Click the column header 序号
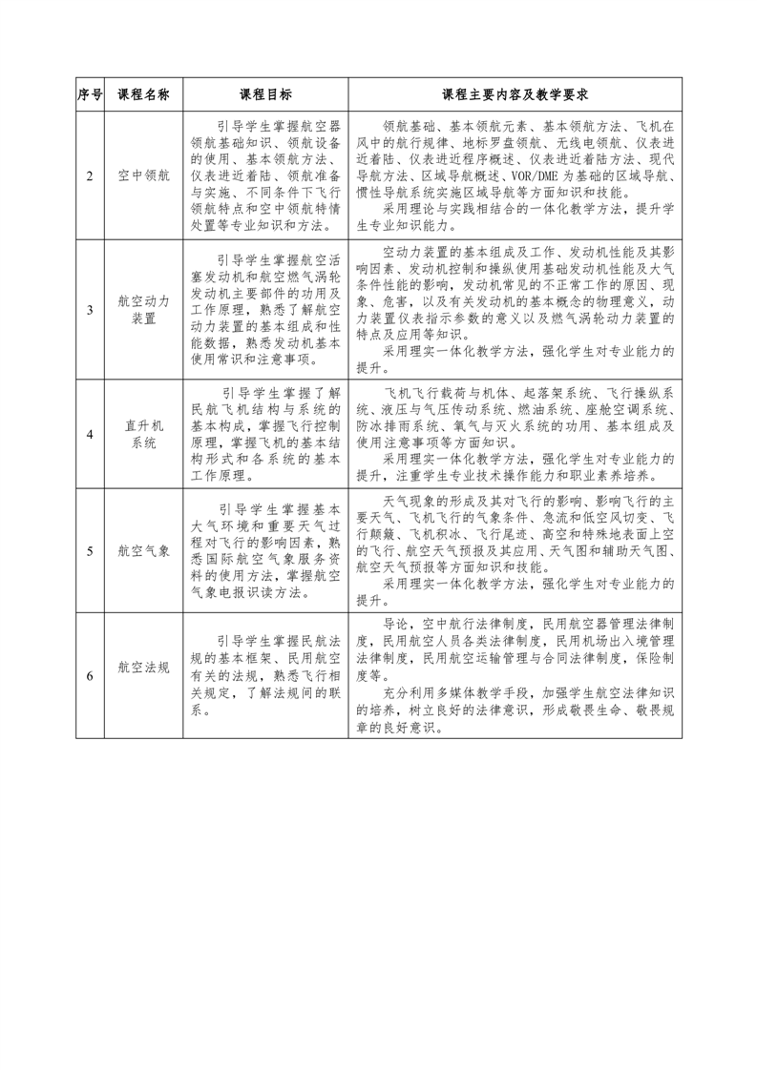(90, 95)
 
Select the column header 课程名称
(143, 95)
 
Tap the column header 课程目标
(265, 95)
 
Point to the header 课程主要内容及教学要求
(515, 95)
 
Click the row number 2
(90, 176)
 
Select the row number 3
(90, 309)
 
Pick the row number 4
(90, 434)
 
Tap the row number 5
(90, 550)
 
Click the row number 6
(90, 675)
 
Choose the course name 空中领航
(143, 176)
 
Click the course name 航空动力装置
(143, 309)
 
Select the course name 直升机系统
(143, 434)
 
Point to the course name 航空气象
(143, 550)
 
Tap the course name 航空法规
(143, 668)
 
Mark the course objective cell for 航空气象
(265, 550)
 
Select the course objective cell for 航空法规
(265, 675)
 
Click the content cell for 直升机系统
(515, 434)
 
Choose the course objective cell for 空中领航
(265, 176)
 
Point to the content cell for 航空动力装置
(515, 309)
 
